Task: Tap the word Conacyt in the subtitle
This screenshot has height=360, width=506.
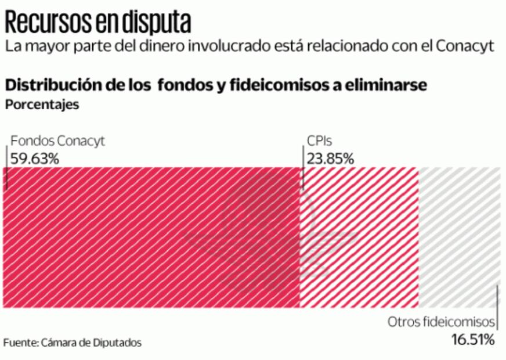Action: click(x=468, y=46)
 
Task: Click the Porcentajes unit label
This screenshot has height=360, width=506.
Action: click(x=41, y=105)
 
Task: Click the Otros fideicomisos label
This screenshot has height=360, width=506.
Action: click(x=441, y=322)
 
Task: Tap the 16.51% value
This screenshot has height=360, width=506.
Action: click(x=472, y=339)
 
